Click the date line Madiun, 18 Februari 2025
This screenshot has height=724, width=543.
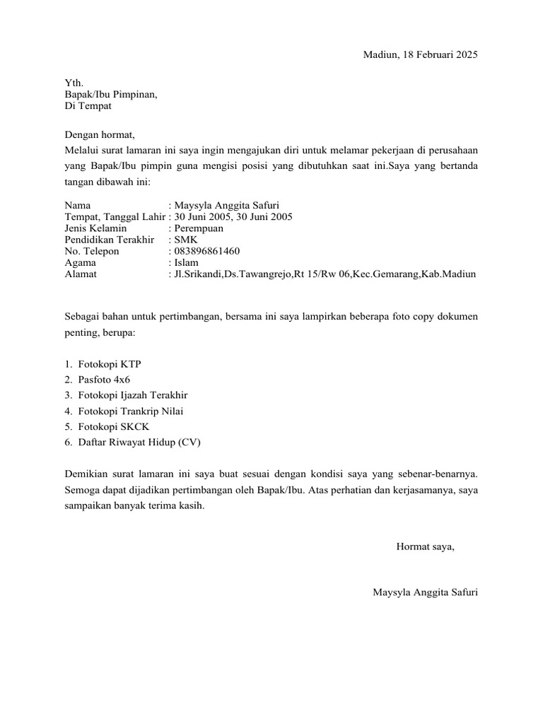[421, 55]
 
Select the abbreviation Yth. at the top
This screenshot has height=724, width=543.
[74, 83]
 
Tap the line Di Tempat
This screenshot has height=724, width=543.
[88, 106]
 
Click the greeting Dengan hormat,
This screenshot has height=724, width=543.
[99, 134]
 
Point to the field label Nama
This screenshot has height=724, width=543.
[77, 206]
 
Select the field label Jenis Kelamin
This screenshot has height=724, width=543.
[95, 228]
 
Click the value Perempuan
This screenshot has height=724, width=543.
[199, 228]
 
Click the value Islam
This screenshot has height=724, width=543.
[186, 262]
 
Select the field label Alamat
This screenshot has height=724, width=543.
[81, 274]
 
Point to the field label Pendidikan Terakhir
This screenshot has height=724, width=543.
[109, 240]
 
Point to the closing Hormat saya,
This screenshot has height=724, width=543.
[425, 547]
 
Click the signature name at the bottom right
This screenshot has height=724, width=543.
[425, 592]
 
